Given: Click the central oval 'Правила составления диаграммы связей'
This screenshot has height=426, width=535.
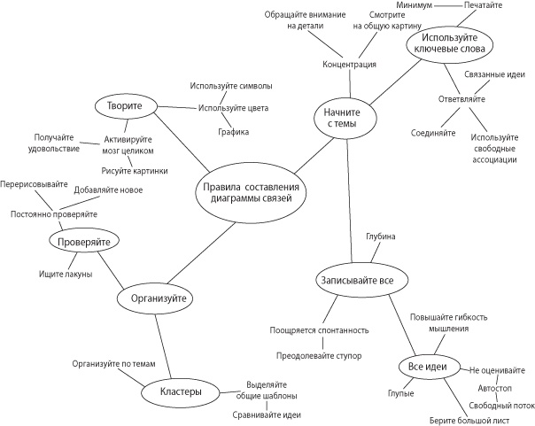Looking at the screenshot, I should tap(250, 192).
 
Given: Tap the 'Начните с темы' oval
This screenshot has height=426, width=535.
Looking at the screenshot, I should tap(345, 118).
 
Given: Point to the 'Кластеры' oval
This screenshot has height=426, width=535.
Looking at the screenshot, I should tap(182, 391).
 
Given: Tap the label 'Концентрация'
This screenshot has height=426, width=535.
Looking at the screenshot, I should tap(349, 65).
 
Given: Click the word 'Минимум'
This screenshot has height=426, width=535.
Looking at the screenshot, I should tap(414, 5).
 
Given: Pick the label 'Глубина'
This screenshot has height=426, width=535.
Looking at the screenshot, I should tap(380, 236).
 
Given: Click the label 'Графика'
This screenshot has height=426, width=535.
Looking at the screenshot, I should tap(234, 132).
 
